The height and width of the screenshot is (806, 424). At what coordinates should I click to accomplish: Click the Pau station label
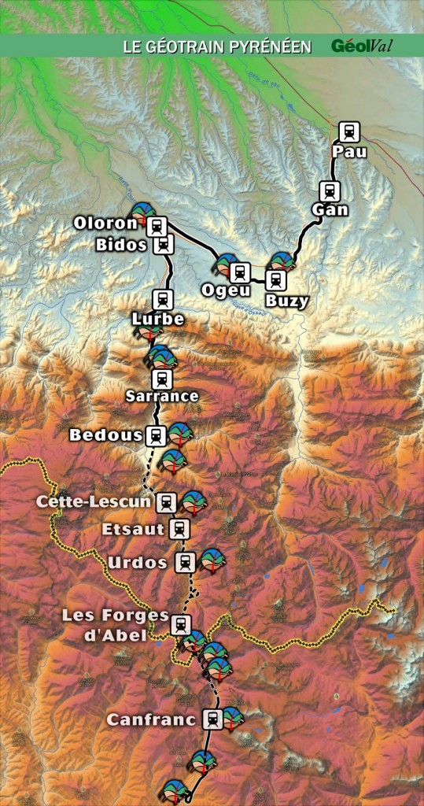click(349, 152)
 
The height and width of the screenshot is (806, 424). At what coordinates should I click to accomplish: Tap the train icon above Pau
click(349, 131)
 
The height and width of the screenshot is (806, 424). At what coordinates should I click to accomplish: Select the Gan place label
click(329, 210)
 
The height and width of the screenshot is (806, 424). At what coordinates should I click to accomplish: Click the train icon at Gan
click(329, 190)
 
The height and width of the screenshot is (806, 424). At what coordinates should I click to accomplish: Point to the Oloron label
click(105, 224)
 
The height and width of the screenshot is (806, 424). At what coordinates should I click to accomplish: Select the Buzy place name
click(286, 300)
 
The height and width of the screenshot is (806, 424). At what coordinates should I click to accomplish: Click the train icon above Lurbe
click(163, 299)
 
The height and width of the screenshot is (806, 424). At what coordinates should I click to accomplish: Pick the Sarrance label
click(162, 396)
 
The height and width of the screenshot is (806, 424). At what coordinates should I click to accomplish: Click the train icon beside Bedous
click(156, 434)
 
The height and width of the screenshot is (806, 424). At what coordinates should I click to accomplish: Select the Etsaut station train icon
click(180, 528)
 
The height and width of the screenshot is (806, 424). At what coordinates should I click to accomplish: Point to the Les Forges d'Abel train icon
click(181, 625)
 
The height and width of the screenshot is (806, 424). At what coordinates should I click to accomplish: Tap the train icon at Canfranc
click(212, 718)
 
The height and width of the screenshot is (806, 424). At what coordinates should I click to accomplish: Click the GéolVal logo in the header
click(362, 46)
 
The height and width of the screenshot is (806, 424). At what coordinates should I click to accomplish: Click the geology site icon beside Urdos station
click(211, 560)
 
